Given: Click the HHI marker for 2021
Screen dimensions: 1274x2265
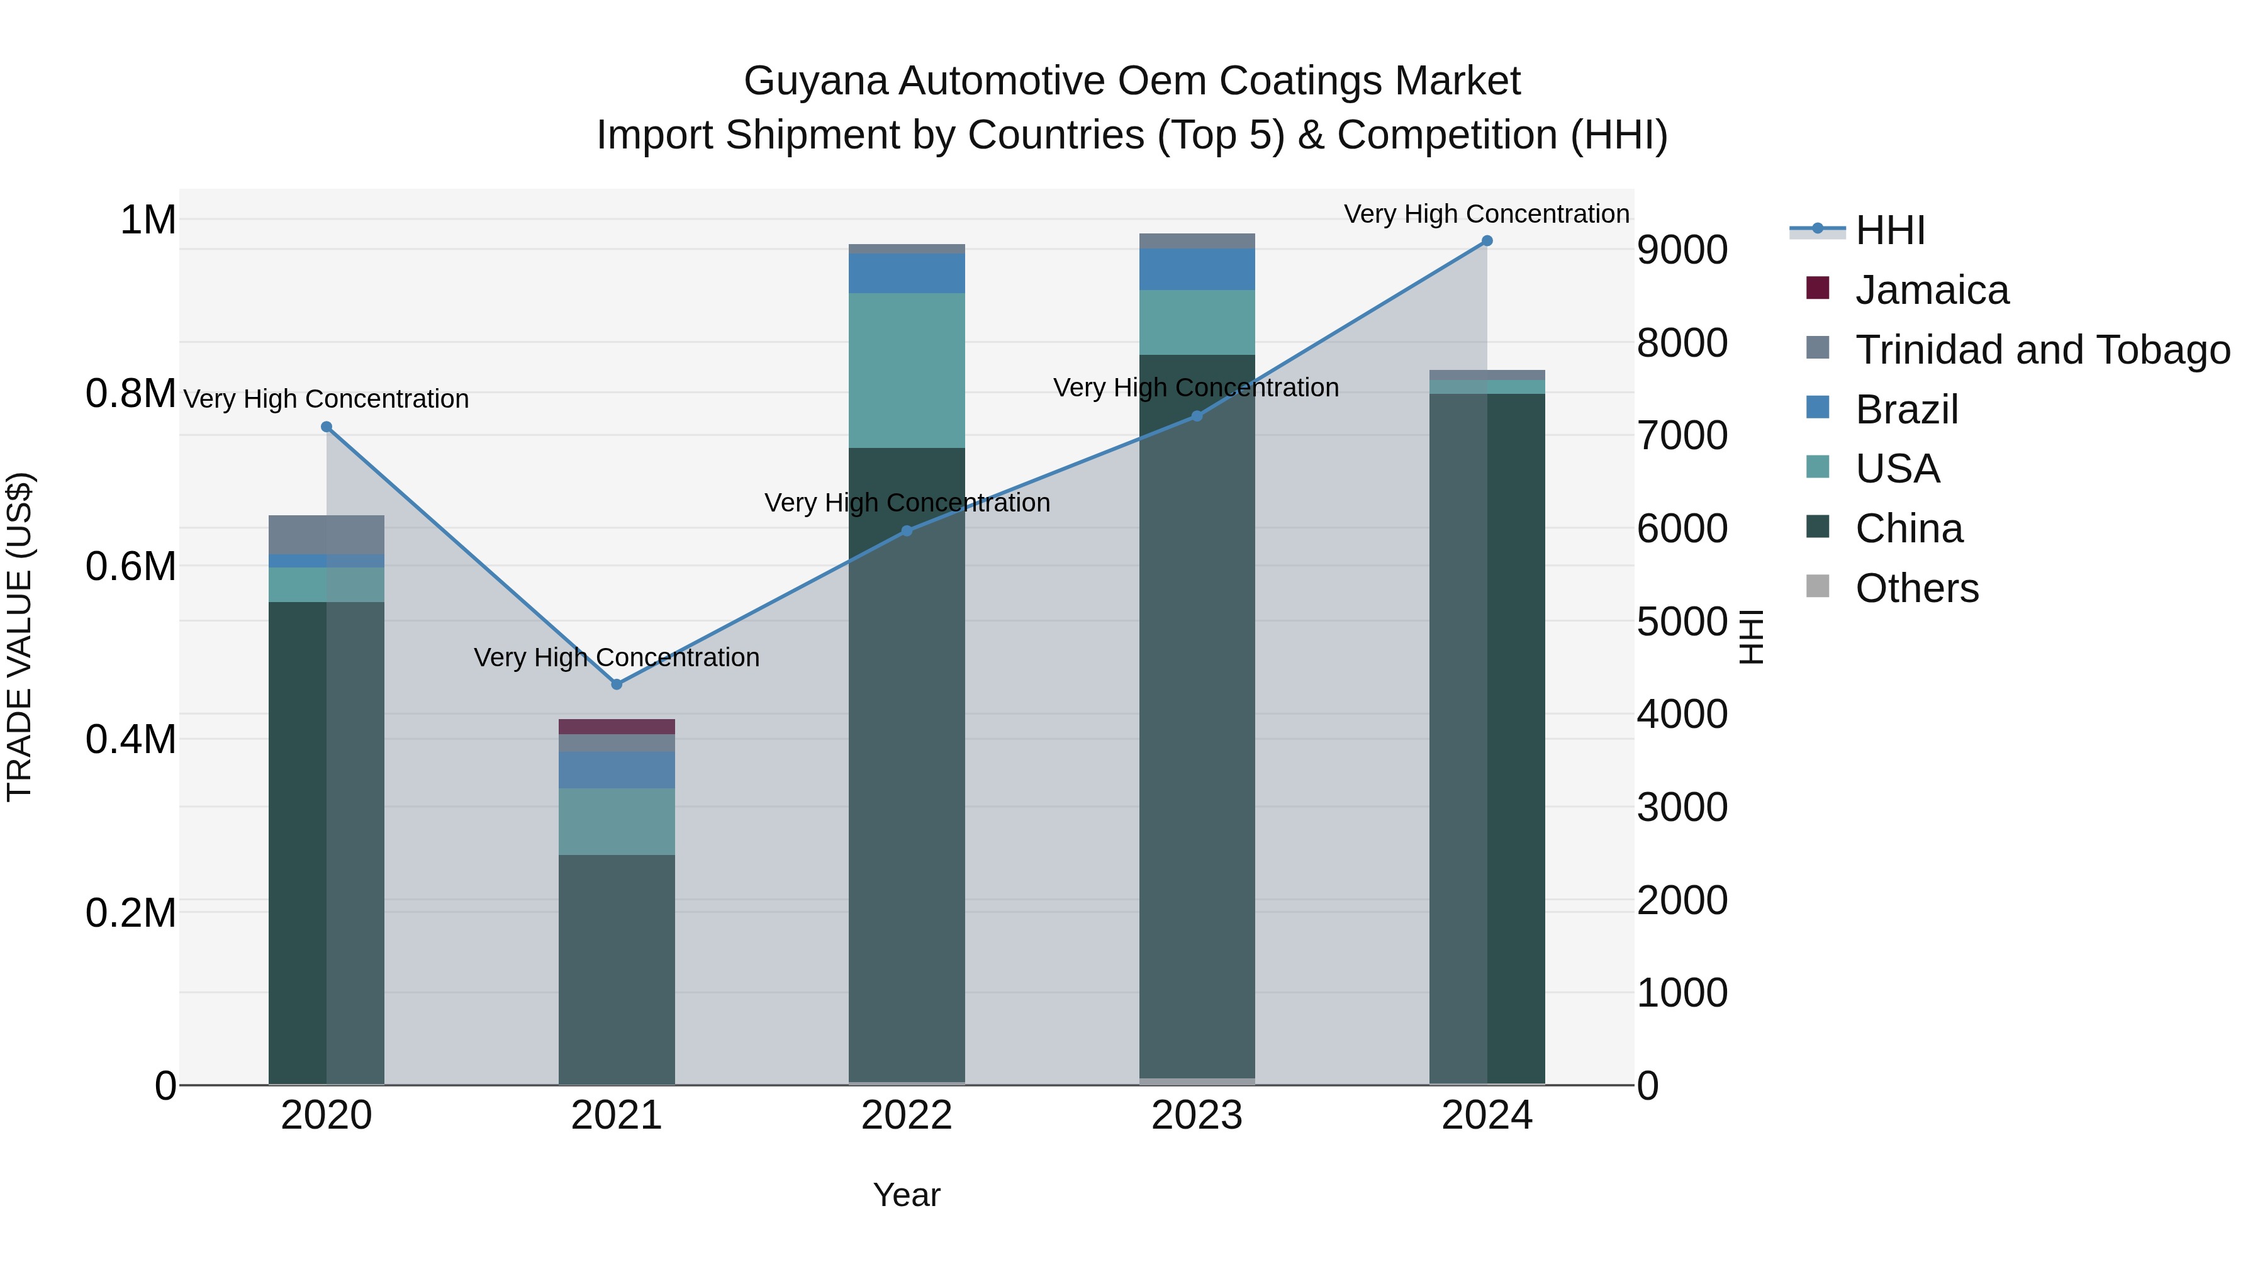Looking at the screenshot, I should tap(617, 684).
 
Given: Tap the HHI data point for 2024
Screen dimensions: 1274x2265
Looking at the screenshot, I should tap(1487, 241).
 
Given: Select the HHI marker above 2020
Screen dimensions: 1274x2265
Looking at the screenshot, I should tap(326, 427).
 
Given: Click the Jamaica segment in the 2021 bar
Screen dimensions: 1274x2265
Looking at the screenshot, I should tap(617, 726).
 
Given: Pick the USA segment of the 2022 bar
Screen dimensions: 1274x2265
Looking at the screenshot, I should tap(907, 370).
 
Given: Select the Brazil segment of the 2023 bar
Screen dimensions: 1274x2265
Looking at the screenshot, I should tap(1197, 269).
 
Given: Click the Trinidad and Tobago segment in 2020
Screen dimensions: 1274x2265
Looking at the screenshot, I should tap(326, 535).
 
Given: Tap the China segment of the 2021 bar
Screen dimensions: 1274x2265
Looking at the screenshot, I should tap(617, 967).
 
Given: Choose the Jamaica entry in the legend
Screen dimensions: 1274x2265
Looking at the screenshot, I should tap(1931, 290).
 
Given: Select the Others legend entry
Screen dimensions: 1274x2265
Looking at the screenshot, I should tap(1916, 588).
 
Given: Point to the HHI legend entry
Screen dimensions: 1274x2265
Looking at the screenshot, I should tap(1889, 230).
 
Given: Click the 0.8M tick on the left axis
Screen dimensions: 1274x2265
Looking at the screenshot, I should tap(131, 394).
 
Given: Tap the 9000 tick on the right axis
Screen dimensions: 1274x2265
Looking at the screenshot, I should tap(1681, 250).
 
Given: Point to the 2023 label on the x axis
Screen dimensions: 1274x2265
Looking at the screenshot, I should tap(1197, 1115).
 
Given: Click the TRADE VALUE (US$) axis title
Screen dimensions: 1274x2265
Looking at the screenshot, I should tap(20, 637).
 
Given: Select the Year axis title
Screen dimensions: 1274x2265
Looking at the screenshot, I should tap(907, 1195).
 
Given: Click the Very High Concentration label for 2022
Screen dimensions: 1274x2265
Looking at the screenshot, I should tap(907, 503).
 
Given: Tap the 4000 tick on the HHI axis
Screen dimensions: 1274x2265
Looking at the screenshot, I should tap(1681, 714).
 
